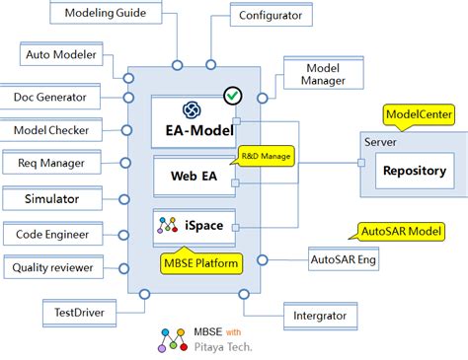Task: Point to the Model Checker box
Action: tap(51, 130)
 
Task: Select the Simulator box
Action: tap(51, 199)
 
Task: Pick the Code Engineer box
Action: tap(51, 234)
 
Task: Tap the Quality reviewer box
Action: tap(51, 267)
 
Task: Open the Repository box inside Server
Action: tap(414, 171)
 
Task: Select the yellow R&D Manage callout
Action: tap(265, 155)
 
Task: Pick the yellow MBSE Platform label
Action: tap(201, 263)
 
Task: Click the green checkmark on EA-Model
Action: tap(233, 97)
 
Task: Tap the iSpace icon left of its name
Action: tap(168, 226)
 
